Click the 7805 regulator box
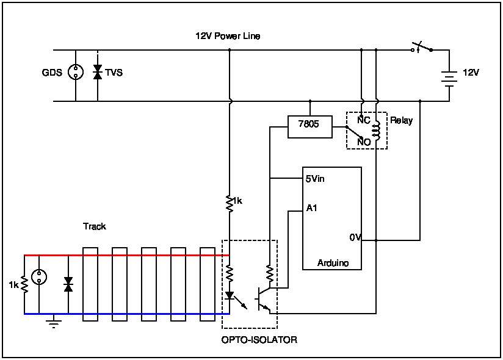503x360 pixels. pos(310,127)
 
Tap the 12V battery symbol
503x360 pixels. pos(449,79)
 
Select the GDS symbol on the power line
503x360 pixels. pos(76,72)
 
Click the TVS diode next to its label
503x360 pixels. pos(98,72)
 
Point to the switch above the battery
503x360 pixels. pos(422,48)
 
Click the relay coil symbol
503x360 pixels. pos(376,129)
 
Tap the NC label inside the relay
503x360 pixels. pos(364,120)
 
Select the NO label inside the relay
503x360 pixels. pos(364,142)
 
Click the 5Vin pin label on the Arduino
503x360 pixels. pos(315,179)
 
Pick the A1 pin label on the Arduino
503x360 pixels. pos(311,208)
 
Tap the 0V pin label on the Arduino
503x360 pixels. pos(355,237)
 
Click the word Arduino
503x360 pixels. pos(333,263)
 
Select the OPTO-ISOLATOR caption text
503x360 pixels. pos(259,340)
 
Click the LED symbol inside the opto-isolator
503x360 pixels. pos(229,295)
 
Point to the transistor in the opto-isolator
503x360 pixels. pos(263,299)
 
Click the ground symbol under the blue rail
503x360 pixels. pos(54,322)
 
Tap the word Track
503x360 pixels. pos(95,226)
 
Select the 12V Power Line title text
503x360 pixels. pos(228,36)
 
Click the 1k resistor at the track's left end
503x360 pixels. pos(24,284)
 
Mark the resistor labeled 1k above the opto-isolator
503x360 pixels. pos(229,203)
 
